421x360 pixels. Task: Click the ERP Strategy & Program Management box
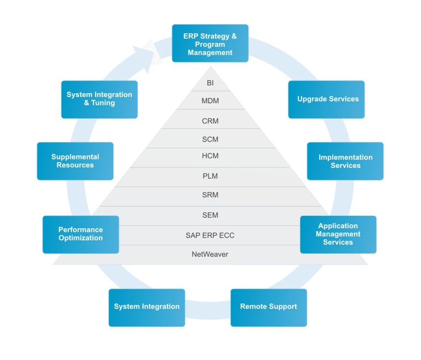(x=210, y=43)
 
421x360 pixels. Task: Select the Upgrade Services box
(x=326, y=99)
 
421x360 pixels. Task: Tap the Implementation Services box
(x=345, y=161)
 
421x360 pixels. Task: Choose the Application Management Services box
(x=338, y=234)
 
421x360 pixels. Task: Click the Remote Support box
(x=269, y=307)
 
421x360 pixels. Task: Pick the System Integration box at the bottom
(x=147, y=307)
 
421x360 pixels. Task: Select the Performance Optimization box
(x=81, y=234)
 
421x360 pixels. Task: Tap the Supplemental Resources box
(x=75, y=161)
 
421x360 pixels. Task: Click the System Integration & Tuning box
(x=99, y=99)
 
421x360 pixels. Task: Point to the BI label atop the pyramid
(x=210, y=83)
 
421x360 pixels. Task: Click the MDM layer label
(x=210, y=101)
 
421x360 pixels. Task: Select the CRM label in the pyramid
(x=210, y=121)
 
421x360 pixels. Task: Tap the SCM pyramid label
(x=210, y=139)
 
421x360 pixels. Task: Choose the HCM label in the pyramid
(x=210, y=156)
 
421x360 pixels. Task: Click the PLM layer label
(x=210, y=176)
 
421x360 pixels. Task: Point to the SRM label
(x=210, y=195)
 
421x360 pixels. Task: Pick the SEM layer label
(x=210, y=215)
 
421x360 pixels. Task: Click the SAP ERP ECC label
(x=210, y=235)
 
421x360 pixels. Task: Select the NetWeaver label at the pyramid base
(x=210, y=254)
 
